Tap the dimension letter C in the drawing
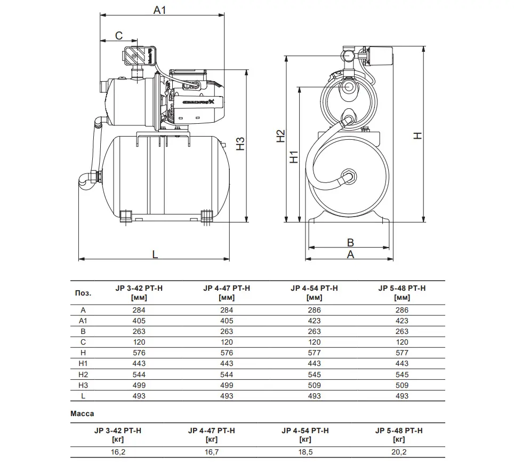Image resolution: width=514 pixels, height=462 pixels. pos(119,36)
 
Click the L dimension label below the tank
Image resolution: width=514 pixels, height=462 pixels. pos(155,254)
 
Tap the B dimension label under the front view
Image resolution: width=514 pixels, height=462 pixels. pos(350,242)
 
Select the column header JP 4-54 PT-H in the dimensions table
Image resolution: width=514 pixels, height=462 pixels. pos(315,288)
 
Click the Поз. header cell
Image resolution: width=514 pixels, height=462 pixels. pos(83,293)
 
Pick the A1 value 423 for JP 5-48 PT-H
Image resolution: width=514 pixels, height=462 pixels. pos(402,321)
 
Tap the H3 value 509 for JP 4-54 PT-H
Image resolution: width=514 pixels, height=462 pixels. pos(315,385)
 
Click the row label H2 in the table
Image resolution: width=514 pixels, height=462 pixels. pos(83,375)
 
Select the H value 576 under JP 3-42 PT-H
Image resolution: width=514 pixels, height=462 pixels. pos(139,353)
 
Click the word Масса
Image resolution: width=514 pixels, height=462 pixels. pos(82,413)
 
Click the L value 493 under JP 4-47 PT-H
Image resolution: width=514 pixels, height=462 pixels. pos(227,396)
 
